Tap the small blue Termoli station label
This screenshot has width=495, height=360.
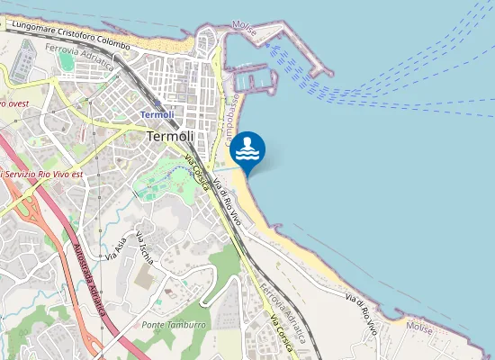click(x=157, y=115)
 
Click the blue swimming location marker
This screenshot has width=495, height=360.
click(x=247, y=149)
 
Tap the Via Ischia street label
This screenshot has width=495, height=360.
click(x=145, y=248)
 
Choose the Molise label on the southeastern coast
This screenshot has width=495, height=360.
click(x=420, y=325)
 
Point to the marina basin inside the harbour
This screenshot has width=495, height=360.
click(x=257, y=79)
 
